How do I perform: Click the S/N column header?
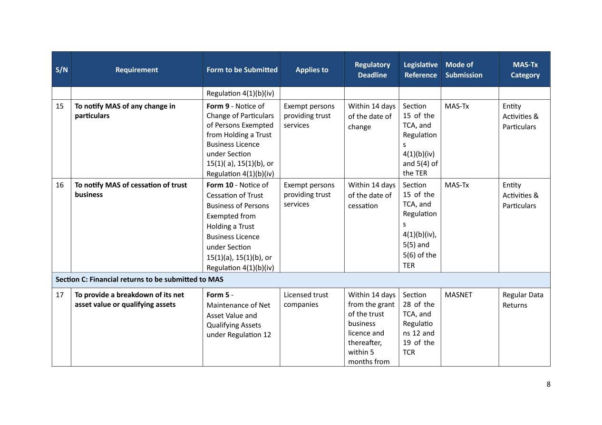click(61, 70)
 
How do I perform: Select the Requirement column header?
click(136, 70)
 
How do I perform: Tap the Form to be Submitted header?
click(242, 70)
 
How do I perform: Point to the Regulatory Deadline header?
click(372, 70)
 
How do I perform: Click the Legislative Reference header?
click(420, 70)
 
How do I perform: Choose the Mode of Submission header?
click(464, 70)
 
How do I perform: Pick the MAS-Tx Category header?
click(524, 70)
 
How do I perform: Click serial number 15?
click(59, 106)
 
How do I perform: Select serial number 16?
click(59, 185)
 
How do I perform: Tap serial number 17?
click(59, 295)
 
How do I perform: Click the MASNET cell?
click(458, 295)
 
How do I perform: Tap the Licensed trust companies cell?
click(306, 300)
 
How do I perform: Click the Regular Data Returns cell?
click(522, 300)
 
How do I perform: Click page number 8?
click(548, 384)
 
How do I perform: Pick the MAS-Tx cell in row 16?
click(456, 185)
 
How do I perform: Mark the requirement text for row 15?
click(125, 111)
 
